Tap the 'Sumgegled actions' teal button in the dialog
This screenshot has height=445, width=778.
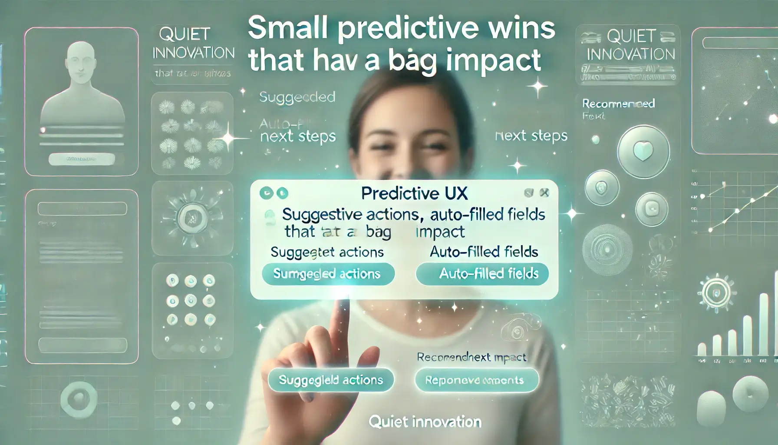(328, 274)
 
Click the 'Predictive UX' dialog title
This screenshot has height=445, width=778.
(414, 193)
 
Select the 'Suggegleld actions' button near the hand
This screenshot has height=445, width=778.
(331, 380)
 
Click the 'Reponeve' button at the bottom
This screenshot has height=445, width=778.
(476, 380)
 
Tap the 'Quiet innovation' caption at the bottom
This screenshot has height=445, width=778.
(425, 422)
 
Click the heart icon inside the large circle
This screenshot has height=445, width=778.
(643, 151)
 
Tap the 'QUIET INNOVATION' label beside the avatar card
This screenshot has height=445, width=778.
(193, 43)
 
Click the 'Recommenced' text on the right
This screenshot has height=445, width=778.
(618, 103)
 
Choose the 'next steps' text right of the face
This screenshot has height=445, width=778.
(531, 136)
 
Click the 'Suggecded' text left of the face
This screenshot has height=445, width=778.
(297, 97)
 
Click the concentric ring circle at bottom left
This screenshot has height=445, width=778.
(79, 398)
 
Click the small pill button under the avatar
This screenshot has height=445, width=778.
(82, 159)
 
